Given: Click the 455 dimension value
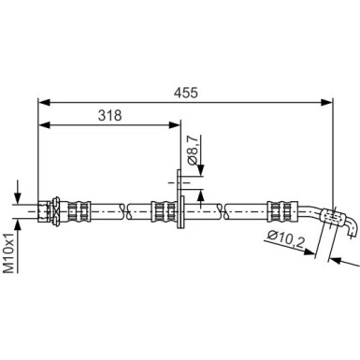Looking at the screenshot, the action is [x=186, y=93].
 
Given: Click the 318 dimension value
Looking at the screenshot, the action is [x=109, y=116].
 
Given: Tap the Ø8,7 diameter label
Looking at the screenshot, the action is [x=193, y=150].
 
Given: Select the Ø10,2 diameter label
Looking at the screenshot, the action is [x=286, y=239].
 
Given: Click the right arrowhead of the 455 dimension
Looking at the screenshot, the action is [x=326, y=102].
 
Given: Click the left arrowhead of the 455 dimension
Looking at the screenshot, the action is [x=44, y=102].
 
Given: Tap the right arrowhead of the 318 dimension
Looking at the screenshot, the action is [x=174, y=125].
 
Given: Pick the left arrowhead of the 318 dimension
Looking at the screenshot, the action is [x=44, y=125].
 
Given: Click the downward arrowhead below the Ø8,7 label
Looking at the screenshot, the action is [x=200, y=170].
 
